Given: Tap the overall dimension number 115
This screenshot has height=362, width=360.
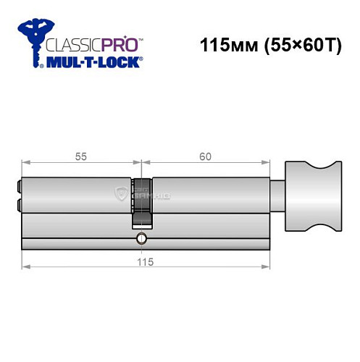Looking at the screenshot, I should [x=144, y=262].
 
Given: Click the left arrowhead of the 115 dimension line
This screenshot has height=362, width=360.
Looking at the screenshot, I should [x=26, y=269].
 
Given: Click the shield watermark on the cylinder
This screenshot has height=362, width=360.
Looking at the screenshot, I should [x=122, y=193].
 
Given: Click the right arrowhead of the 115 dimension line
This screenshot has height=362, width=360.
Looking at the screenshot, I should [x=273, y=269].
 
